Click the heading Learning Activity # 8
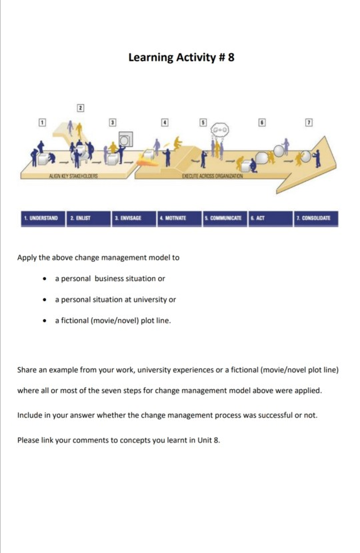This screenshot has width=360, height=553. pos(181,57)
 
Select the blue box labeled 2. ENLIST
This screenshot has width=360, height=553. pos(88,218)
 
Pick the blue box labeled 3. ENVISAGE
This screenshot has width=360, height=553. pos(133,218)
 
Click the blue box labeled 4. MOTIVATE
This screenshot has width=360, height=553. pos(178,218)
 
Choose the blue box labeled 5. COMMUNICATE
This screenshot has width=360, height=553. pos(223,218)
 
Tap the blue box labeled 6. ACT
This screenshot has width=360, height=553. pos(269,218)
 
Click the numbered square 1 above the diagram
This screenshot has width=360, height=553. pos(41,123)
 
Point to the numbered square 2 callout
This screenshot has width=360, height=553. pos(80,108)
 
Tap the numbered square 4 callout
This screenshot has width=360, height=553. pos(164,123)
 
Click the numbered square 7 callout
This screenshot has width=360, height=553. pos(308,123)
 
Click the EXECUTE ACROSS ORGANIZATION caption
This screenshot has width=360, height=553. pos(212,176)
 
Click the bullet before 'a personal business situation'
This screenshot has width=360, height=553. pos(44,278)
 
